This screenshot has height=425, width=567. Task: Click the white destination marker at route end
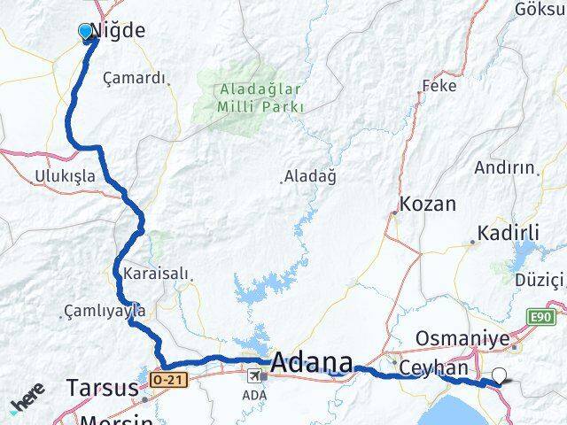501,376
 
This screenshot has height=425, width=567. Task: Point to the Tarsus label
102,388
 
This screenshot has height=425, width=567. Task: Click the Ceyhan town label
433,367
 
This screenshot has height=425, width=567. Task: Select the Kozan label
428,204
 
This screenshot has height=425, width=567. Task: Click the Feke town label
439,86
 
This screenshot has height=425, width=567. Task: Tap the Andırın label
505,166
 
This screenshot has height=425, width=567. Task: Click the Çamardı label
135,78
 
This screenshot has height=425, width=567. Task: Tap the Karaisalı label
157,273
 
